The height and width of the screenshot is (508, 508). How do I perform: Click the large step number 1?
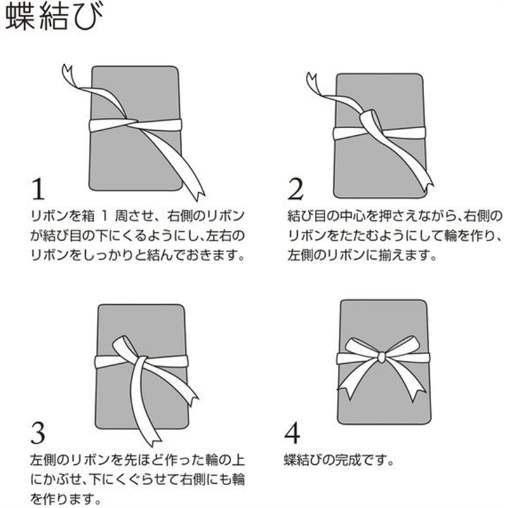point(38,189)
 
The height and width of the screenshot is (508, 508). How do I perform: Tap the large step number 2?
point(295,189)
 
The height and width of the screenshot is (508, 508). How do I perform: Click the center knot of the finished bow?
point(382,358)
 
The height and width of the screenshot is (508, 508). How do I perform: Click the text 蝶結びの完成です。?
point(339,460)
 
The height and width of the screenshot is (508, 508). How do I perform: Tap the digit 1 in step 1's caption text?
point(104,216)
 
